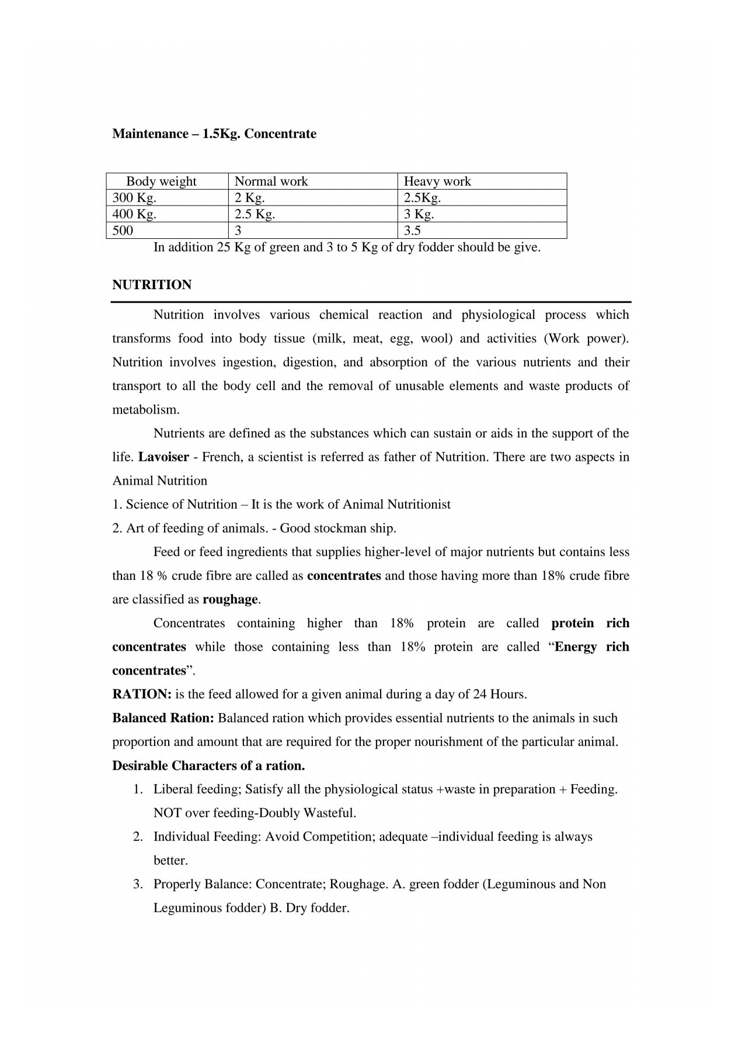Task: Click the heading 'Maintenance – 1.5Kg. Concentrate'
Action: coord(214,134)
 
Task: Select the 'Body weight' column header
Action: coord(161,181)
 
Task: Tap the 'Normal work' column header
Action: coord(271,181)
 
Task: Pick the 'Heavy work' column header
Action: coord(437,181)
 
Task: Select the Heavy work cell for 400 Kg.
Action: coord(419,214)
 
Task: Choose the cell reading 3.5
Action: coord(412,230)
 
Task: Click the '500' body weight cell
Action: coord(123,230)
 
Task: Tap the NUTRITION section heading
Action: coord(152,285)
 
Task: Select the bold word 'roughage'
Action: coord(230,599)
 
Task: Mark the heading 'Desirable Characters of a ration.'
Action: coord(208,765)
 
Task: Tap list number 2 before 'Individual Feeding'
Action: coord(138,837)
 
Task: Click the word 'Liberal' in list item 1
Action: coord(173,790)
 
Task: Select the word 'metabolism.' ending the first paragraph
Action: coord(146,409)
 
